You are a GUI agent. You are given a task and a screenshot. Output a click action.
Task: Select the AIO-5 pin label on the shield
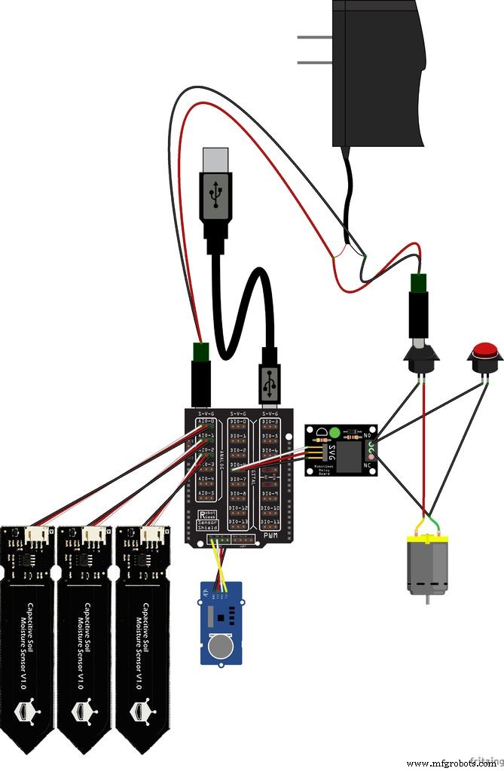coord(206,494)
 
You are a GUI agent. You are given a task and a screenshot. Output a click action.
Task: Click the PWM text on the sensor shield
coord(269,535)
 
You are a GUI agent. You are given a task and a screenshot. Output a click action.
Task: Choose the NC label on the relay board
coord(368,465)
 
